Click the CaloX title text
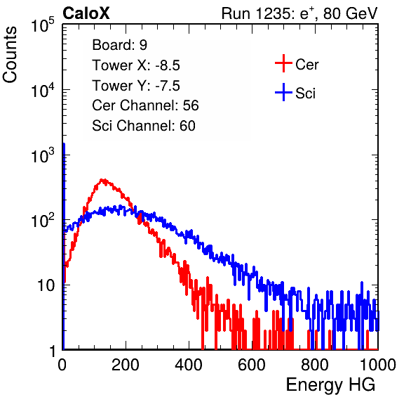coord(86,13)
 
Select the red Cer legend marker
coord(283,63)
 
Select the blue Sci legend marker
coord(283,92)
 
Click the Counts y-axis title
coord(10,55)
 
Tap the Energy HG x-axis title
coord(330,385)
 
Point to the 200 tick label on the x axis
coord(126,365)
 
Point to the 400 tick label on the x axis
coord(189,365)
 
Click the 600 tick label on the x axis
coord(252,365)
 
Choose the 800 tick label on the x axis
coord(315,365)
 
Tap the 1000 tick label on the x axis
coord(378,365)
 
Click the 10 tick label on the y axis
coord(46,285)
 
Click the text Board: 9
coord(119,45)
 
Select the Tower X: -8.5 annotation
coord(136,65)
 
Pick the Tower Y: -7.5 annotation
coord(136,86)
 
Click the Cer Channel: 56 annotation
coord(145,105)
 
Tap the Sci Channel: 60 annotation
coord(144,126)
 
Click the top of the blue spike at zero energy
coord(64,144)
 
